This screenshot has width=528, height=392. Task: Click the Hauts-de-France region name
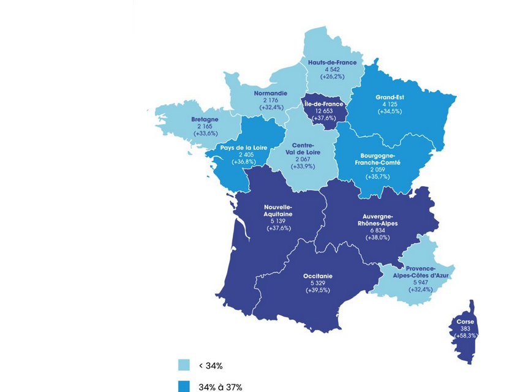[333, 62]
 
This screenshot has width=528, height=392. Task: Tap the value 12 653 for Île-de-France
[324, 111]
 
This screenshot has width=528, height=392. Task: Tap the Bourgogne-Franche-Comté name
[378, 160]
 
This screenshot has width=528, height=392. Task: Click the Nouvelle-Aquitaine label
[278, 211]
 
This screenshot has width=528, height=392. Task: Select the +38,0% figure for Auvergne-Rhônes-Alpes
[377, 238]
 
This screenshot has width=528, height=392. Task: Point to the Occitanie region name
[318, 276]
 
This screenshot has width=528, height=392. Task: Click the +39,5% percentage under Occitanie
[318, 290]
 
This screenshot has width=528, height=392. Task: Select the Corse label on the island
[466, 322]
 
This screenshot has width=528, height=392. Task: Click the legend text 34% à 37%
[220, 387]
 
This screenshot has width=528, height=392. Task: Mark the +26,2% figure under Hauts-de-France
[332, 77]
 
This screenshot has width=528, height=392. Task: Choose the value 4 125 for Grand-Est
[390, 104]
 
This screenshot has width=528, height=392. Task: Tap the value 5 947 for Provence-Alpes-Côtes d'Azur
[419, 282]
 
